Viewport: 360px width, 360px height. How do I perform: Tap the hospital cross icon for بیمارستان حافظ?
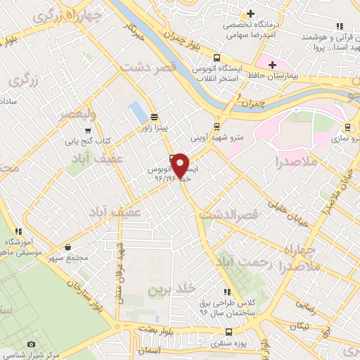272,65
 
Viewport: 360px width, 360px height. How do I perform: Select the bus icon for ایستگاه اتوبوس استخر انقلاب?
217,58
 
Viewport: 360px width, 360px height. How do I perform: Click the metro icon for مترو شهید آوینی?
215,127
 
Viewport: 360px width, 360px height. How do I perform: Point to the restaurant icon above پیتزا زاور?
154,117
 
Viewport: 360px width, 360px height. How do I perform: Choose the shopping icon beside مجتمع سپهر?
67,247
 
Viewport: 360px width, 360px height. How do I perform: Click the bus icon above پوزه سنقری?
228,332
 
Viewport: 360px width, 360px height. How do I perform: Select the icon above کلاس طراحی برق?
226,291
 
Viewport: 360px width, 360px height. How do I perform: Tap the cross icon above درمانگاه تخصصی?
251,13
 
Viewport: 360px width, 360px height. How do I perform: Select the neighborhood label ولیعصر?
75,112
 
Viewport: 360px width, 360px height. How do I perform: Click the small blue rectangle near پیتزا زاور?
136,111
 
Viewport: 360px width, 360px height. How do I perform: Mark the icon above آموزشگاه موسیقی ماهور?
19,231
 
